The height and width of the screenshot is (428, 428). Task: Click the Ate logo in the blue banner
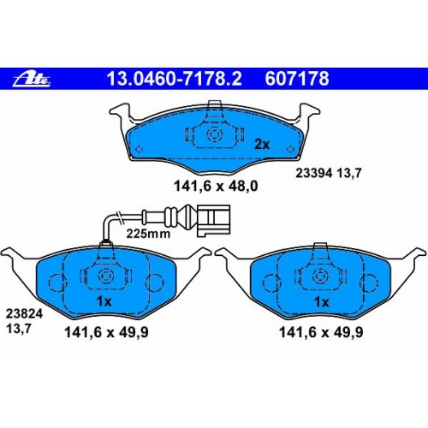pos(32,79)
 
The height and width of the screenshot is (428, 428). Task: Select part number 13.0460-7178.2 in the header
pos(174,79)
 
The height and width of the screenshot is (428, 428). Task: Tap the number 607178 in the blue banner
pos(297,79)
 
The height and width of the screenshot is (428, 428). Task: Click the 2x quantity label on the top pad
pos(262,145)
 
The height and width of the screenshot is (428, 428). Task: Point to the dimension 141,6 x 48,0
pos(216,187)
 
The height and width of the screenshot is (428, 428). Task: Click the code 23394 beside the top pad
pos(314,173)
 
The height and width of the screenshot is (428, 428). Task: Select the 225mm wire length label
pos(148,234)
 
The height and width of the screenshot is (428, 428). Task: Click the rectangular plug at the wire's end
pos(213,221)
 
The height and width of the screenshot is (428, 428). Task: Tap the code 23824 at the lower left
pos(24,314)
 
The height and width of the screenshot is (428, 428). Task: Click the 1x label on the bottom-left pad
pos(104,301)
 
